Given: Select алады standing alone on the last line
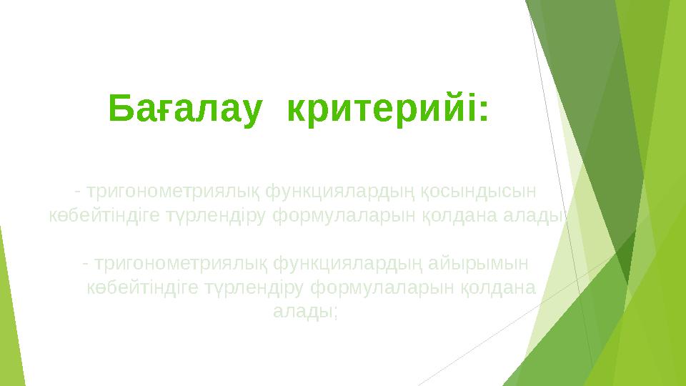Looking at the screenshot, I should (x=304, y=312).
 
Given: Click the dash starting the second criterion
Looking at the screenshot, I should (x=85, y=263).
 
